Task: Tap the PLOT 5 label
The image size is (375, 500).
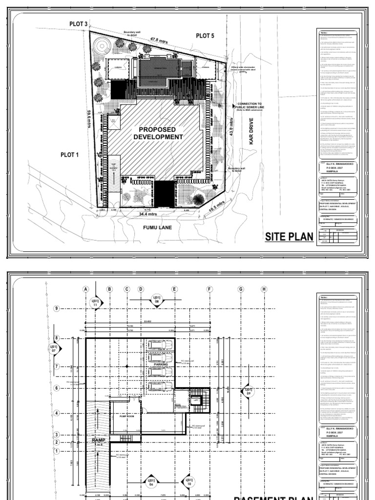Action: point(205,35)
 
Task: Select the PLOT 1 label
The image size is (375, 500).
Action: point(70,154)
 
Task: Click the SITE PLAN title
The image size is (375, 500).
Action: point(289,238)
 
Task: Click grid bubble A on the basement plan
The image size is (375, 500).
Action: point(86,289)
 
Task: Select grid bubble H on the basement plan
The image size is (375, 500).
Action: point(264,289)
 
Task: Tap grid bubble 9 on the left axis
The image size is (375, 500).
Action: point(57,308)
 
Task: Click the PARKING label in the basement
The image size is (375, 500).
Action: point(161,364)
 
